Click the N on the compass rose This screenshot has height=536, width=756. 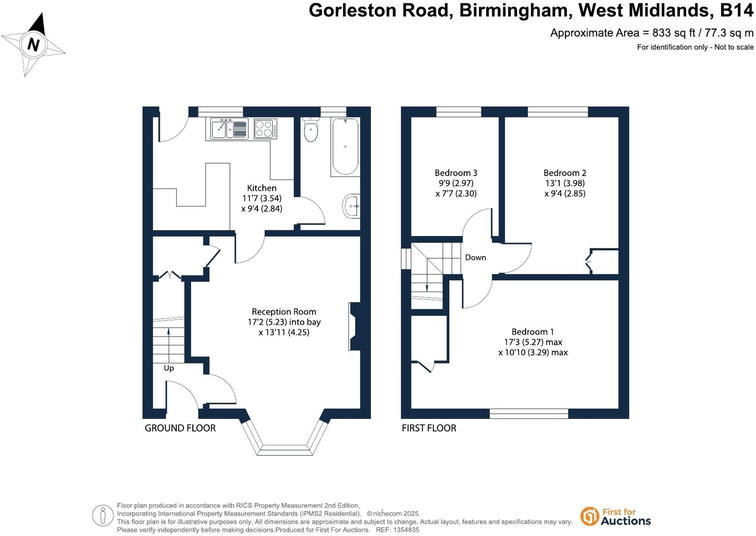(33, 45)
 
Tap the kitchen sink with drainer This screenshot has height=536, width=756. (229, 129)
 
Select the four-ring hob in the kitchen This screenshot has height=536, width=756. (265, 129)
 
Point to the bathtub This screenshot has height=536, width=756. (345, 147)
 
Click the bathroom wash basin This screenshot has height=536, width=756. (351, 206)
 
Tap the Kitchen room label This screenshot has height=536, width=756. (261, 188)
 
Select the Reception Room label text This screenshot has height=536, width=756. (283, 311)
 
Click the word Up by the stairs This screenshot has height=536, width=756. (169, 368)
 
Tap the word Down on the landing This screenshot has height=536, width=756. (475, 257)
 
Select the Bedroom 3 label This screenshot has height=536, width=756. (456, 173)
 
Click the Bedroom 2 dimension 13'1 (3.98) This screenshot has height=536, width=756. (565, 183)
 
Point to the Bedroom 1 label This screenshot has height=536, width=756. (533, 331)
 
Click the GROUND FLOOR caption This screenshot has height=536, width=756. (180, 428)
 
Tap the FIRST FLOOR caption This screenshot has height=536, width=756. (429, 428)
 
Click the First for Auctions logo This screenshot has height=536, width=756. (615, 516)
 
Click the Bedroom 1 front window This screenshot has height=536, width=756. (529, 414)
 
